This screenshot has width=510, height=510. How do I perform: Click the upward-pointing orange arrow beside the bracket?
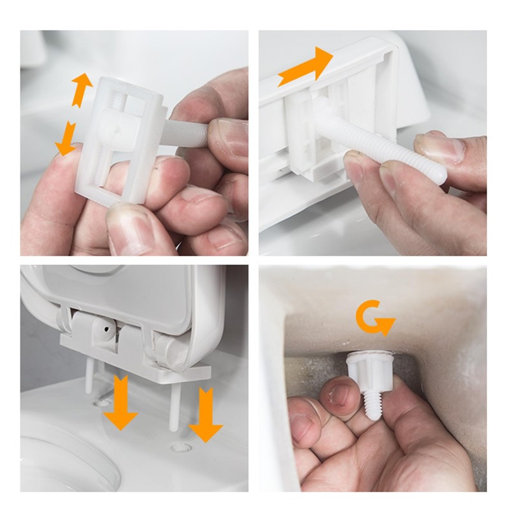click(x=80, y=89)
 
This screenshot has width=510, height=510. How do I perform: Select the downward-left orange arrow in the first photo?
click(x=66, y=140)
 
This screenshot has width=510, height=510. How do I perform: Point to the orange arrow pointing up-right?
click(x=305, y=67)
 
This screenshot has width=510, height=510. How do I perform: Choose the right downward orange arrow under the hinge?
click(x=205, y=414)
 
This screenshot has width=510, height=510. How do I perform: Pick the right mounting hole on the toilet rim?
click(x=181, y=447)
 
